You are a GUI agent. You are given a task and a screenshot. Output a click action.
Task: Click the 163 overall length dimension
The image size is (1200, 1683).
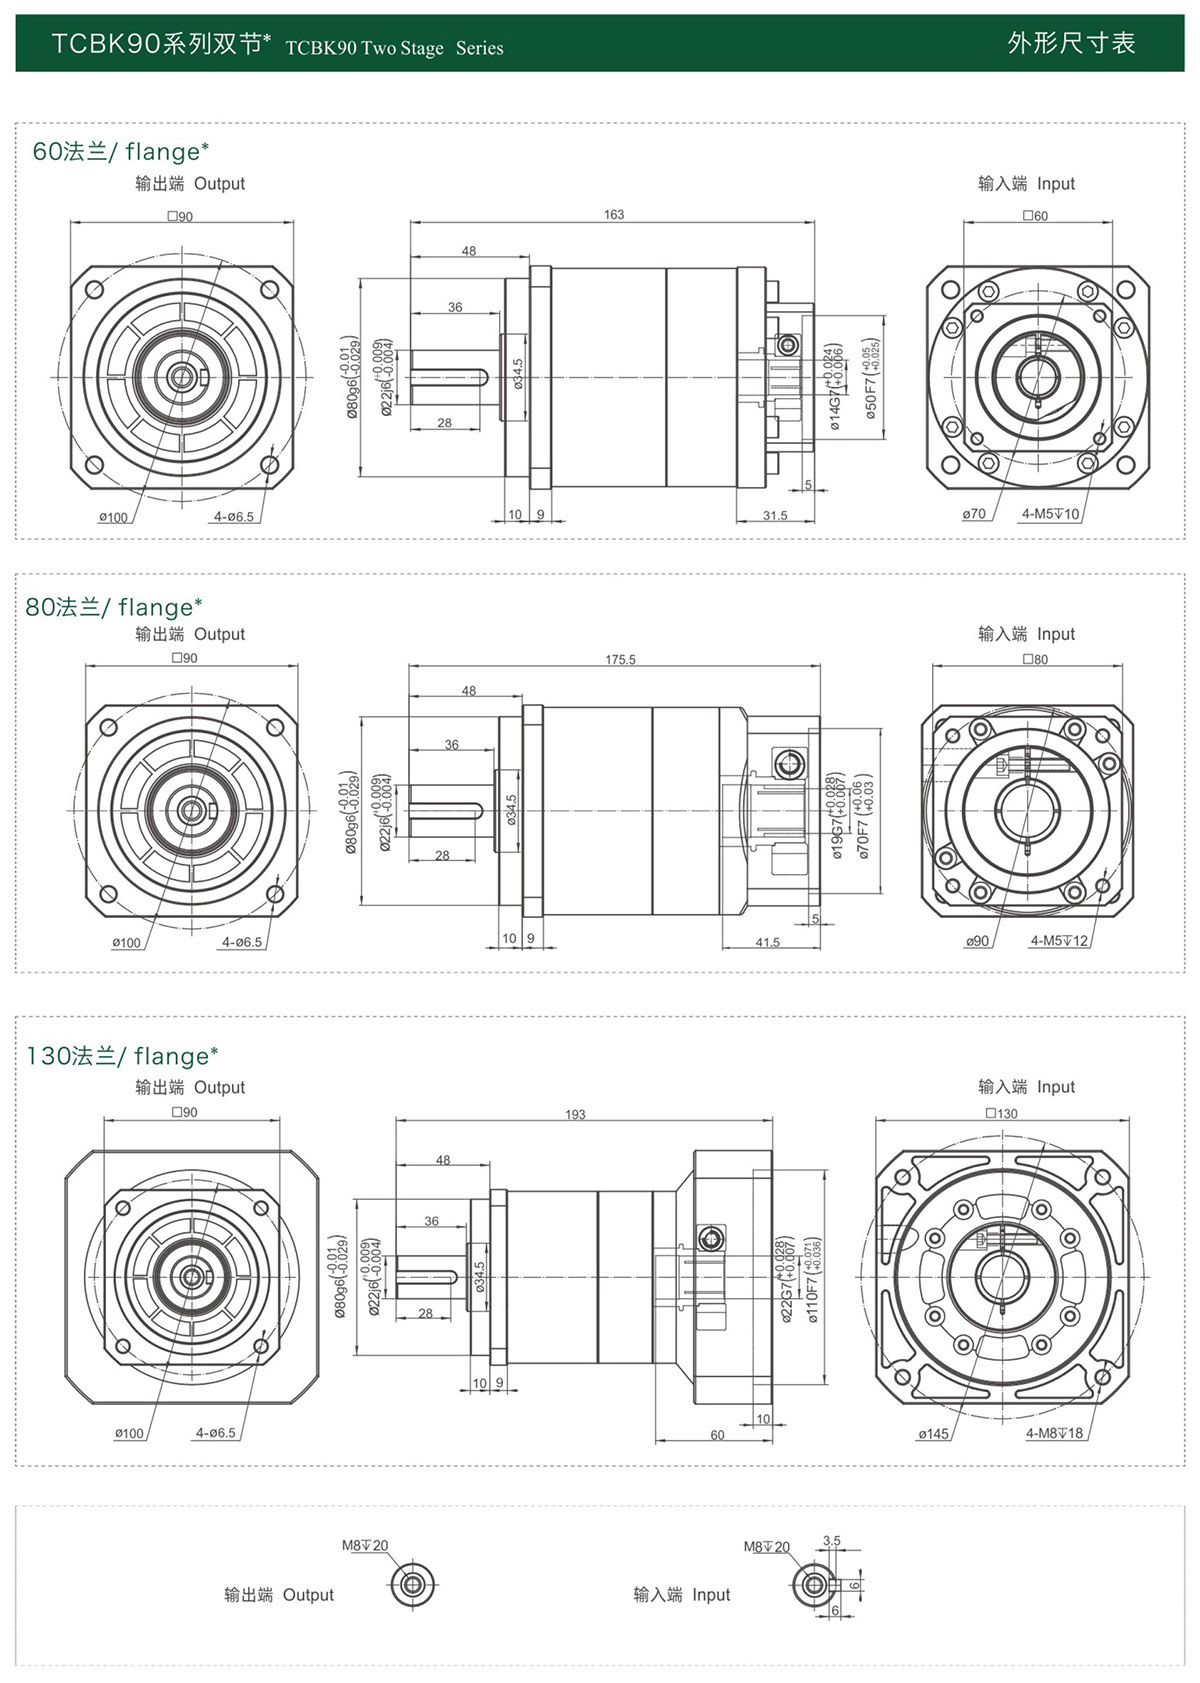click(x=614, y=215)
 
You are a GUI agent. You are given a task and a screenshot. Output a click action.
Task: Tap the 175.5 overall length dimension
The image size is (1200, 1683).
click(x=620, y=660)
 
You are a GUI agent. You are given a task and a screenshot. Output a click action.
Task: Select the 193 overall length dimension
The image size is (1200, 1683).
click(x=575, y=1115)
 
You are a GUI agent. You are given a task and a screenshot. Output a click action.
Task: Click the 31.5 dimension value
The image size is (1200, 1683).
click(x=775, y=516)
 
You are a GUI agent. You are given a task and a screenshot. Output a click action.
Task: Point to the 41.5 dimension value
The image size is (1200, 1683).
click(x=767, y=943)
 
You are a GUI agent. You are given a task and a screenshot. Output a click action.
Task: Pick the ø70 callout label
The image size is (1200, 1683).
click(x=974, y=514)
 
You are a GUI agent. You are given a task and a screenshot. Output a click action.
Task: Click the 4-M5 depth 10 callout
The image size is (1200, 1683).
click(x=1050, y=514)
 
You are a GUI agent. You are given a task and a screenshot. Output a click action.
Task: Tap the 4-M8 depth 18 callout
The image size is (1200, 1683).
click(x=1054, y=1434)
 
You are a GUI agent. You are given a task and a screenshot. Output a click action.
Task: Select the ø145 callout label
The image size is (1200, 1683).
click(x=933, y=1434)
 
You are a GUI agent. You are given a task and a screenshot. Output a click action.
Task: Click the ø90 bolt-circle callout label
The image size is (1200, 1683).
click(x=977, y=941)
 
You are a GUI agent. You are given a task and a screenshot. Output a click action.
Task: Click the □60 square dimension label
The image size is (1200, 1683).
click(x=1035, y=216)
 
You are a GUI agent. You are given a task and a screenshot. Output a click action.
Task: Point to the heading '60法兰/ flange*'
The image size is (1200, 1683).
click(x=121, y=152)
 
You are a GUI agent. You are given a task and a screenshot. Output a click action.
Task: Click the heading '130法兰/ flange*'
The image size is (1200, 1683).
click(x=122, y=1057)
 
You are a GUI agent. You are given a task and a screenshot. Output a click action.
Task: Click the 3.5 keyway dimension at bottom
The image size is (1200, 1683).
click(x=832, y=1541)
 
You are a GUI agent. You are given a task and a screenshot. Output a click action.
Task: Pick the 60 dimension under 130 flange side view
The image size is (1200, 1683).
click(x=717, y=1435)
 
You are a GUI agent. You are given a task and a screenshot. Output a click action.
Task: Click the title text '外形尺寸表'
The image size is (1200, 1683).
click(x=1071, y=44)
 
